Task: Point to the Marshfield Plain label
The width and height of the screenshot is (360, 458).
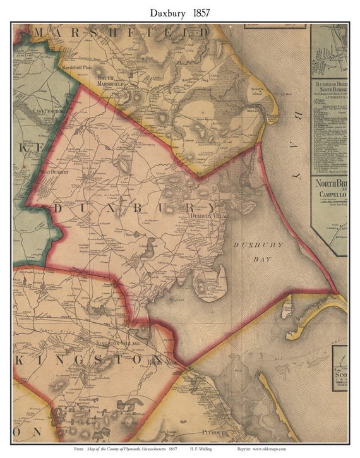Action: [x=76, y=66]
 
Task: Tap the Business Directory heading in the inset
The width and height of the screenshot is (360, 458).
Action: [x=329, y=86]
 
